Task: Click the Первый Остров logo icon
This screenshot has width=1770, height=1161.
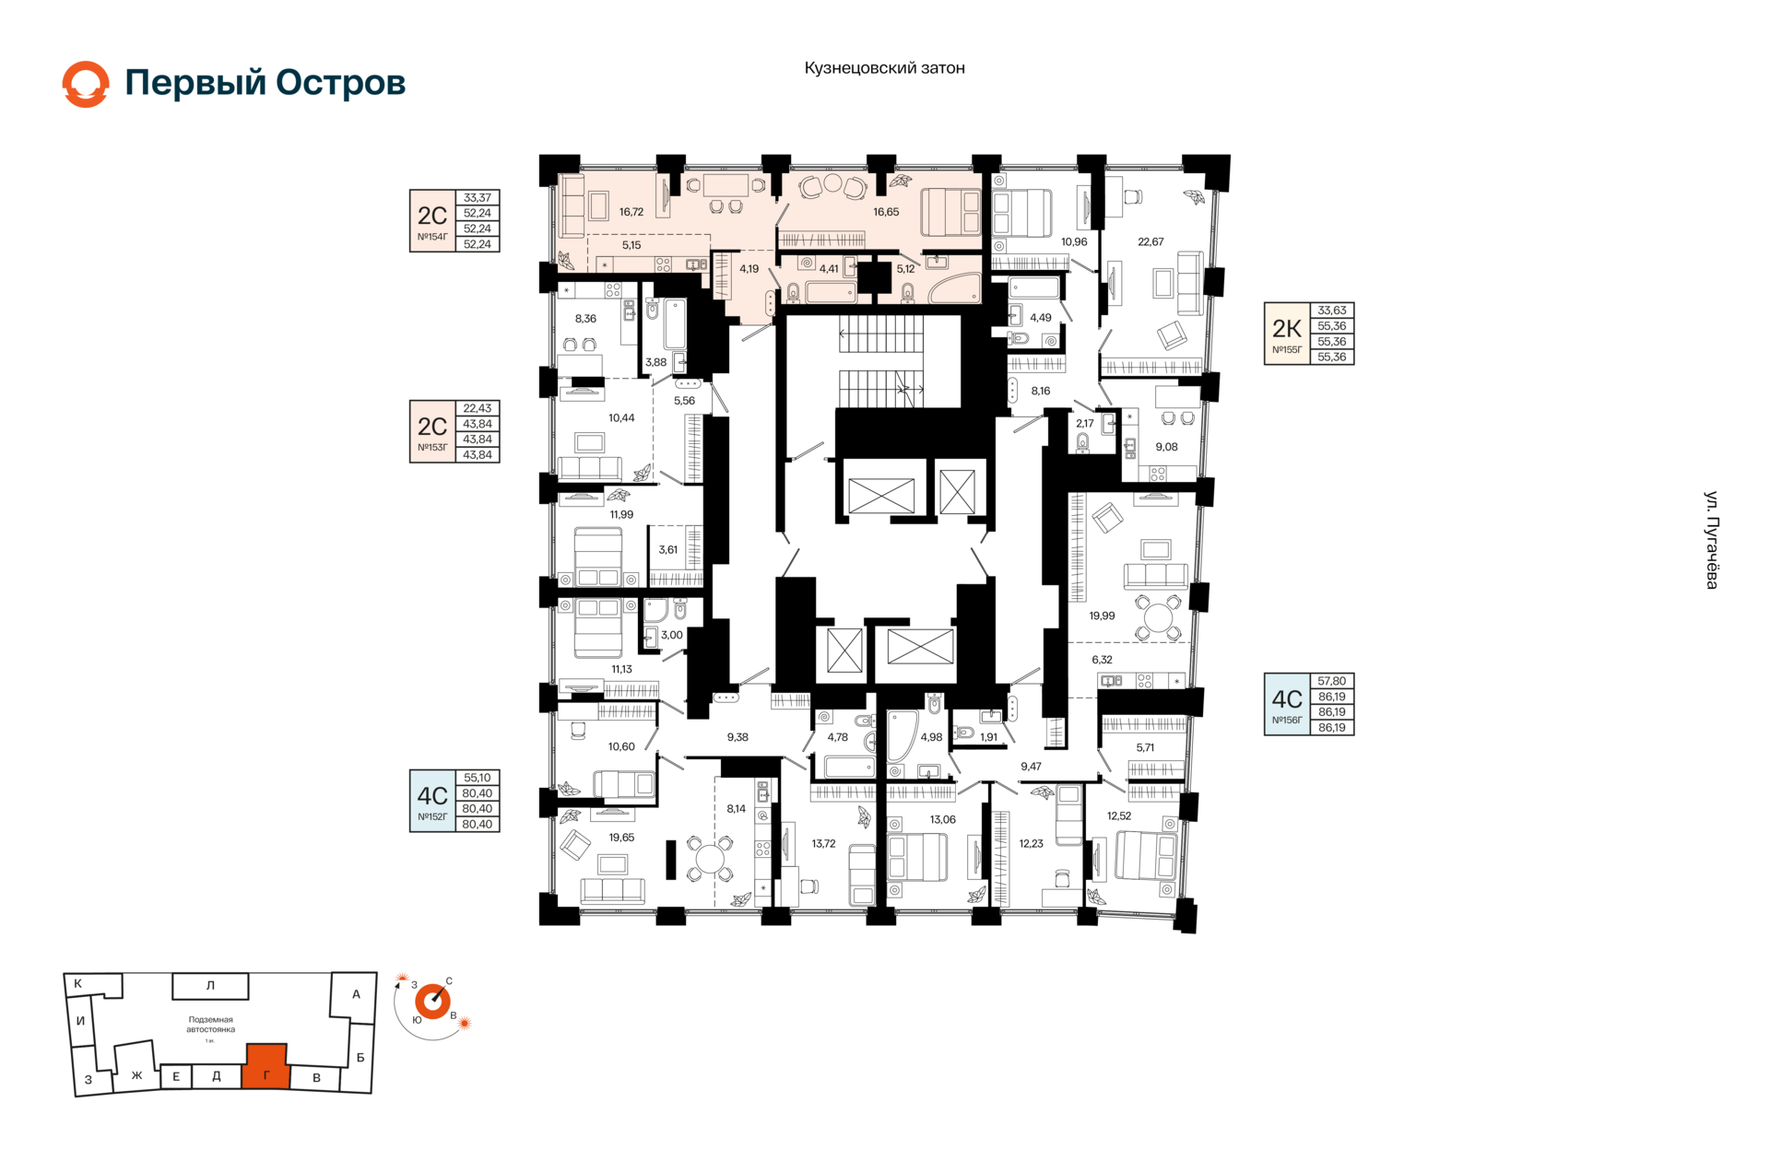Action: click(x=86, y=84)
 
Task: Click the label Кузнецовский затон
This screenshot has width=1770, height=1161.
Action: click(x=884, y=68)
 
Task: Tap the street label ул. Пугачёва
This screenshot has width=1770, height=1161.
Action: click(x=1711, y=540)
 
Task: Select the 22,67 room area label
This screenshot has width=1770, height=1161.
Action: click(x=1150, y=242)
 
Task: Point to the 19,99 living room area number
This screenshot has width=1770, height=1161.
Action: click(x=1102, y=616)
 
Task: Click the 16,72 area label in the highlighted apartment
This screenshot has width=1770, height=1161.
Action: click(x=631, y=212)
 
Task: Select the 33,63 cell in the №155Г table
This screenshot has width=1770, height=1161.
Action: click(x=1332, y=311)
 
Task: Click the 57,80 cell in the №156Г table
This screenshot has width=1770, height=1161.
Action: click(x=1332, y=681)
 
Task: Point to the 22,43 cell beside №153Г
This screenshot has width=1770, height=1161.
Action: click(x=478, y=408)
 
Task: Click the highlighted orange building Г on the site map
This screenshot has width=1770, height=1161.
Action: click(x=266, y=1067)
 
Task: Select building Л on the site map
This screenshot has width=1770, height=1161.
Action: click(x=210, y=986)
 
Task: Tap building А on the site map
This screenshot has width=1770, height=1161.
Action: click(x=354, y=995)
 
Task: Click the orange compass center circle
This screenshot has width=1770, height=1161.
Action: click(x=432, y=1001)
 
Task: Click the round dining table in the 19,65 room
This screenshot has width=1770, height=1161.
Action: click(x=710, y=859)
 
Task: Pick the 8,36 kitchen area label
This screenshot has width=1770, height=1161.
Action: click(x=585, y=319)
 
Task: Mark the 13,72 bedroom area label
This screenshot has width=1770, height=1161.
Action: click(x=823, y=844)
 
